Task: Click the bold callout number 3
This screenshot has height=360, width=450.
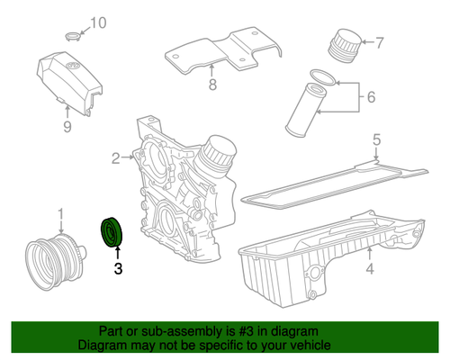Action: (x=118, y=267)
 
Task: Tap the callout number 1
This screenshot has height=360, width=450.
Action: (x=61, y=214)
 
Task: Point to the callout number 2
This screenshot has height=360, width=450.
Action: (x=116, y=158)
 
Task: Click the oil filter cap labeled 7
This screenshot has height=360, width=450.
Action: (x=341, y=43)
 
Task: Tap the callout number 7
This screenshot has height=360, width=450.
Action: (x=380, y=42)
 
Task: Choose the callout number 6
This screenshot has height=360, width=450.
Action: (x=370, y=93)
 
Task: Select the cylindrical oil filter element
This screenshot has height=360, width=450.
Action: (x=304, y=109)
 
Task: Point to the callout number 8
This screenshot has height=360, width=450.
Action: (x=212, y=86)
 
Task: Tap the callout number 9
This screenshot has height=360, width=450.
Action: (x=66, y=127)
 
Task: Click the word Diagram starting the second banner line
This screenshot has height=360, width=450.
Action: (x=103, y=345)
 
